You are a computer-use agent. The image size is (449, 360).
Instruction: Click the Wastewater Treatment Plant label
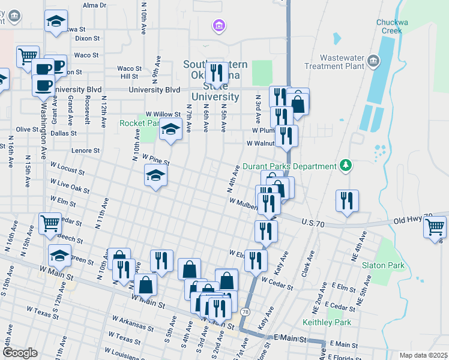(334, 62)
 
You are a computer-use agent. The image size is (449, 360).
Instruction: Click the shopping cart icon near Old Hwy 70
(435, 227)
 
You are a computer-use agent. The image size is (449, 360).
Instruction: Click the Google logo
(19, 353)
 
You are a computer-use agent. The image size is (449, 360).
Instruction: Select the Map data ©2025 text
(423, 355)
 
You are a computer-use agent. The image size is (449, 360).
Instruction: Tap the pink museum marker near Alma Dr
(219, 25)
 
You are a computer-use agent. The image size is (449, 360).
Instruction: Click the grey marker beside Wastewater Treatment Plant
(373, 61)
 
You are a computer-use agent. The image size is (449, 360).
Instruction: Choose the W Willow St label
(163, 114)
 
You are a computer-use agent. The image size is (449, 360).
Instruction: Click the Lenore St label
(85, 151)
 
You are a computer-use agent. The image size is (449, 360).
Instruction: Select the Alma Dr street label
(94, 5)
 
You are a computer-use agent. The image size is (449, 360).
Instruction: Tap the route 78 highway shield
(245, 312)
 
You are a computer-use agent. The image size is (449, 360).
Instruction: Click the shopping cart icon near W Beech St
(50, 223)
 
